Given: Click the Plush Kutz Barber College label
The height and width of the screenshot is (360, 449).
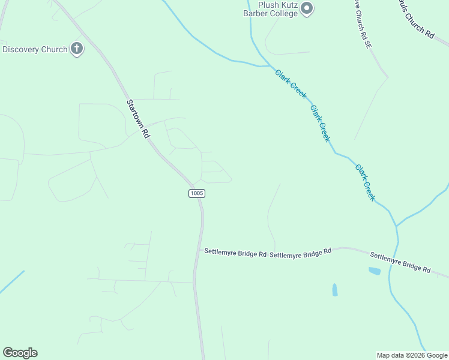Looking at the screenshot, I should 270,8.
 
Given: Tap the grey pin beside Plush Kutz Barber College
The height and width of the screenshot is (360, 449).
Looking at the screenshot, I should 307,8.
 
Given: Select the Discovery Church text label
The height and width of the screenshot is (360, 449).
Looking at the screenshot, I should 35,49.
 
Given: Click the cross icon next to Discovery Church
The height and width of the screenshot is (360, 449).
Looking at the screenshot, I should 76,49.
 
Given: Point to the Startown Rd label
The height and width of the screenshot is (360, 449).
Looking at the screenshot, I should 137,119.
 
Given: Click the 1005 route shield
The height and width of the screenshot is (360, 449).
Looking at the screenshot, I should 197,193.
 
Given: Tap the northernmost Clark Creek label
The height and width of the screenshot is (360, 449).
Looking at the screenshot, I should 291,84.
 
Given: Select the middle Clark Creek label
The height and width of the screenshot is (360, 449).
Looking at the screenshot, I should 321,124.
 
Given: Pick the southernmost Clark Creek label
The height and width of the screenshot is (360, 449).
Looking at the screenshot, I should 366,182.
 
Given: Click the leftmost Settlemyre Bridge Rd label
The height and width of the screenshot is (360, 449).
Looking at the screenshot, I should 235,254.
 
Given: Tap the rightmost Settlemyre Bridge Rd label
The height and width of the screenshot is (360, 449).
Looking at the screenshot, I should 400,262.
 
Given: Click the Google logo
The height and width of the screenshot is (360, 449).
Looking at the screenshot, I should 20,353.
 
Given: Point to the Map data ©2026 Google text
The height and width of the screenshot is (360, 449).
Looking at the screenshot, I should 412,355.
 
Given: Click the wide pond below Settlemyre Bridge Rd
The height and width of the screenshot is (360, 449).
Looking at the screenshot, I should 374,271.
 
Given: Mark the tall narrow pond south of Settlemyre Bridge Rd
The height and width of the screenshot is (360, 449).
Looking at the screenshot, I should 334,290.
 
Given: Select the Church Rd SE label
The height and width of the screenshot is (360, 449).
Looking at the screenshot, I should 359,23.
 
